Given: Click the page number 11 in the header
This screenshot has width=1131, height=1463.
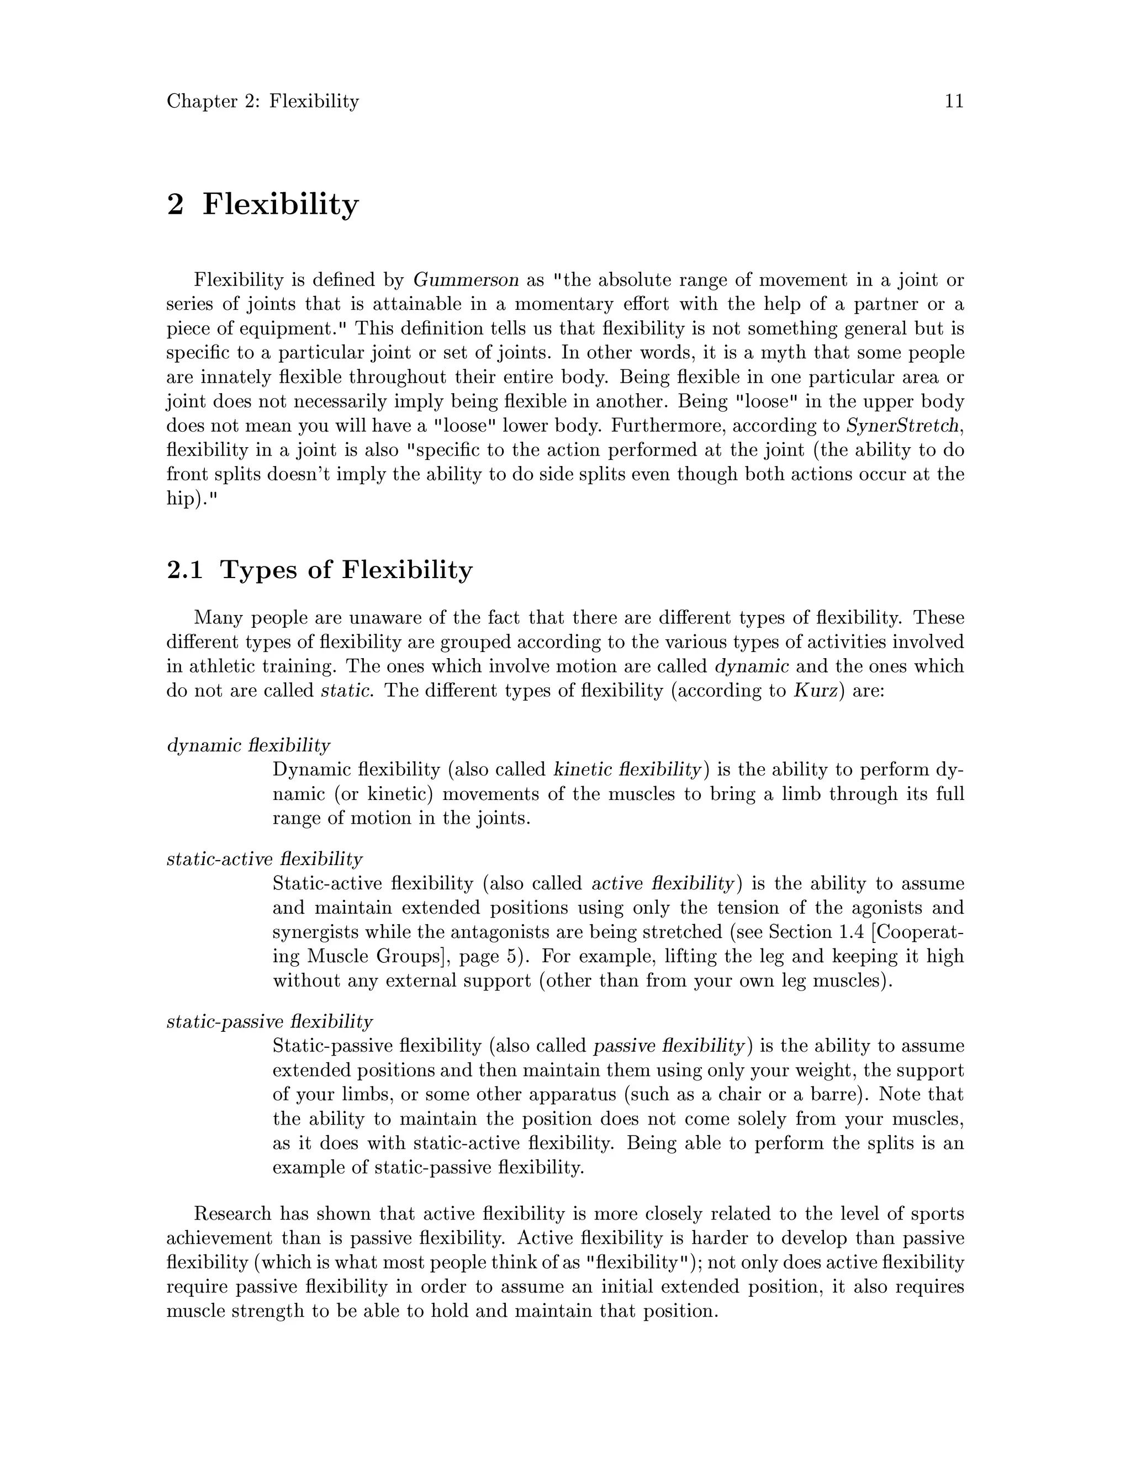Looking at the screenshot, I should (953, 101).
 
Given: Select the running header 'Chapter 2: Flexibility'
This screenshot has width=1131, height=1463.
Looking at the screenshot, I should (263, 101).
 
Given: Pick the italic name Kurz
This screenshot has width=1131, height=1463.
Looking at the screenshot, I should (816, 691).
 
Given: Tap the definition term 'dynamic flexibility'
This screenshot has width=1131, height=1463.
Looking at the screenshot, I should (248, 745).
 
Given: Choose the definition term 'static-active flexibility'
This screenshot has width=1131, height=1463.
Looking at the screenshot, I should (264, 859).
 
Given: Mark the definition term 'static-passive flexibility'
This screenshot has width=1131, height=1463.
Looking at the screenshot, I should (269, 1021).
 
